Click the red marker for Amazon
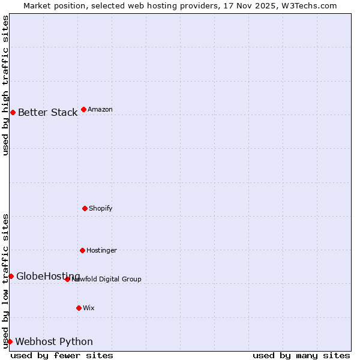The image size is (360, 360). tap(83, 109)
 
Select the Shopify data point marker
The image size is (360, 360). tap(85, 208)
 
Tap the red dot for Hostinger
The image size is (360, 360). tap(82, 250)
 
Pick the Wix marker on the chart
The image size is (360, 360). tap(79, 308)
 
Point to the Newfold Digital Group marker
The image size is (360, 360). tap(67, 279)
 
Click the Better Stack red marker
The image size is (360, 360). tap(13, 112)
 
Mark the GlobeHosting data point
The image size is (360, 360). tap(11, 276)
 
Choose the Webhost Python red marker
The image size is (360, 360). tap(10, 341)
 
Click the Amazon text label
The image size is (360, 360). tap(100, 110)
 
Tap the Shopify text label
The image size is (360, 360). tap(101, 209)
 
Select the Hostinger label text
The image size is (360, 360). tap(101, 251)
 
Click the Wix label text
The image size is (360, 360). tap(89, 308)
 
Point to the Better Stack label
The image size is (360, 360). tap(47, 113)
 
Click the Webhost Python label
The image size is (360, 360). tap(54, 342)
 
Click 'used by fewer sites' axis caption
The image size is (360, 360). tap(62, 356)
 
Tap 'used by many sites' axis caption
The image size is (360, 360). tap(301, 356)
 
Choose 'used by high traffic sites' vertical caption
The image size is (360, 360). tap(5, 85)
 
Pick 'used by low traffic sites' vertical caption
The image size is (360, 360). tap(5, 281)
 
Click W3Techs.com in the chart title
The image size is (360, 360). tap(310, 5)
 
